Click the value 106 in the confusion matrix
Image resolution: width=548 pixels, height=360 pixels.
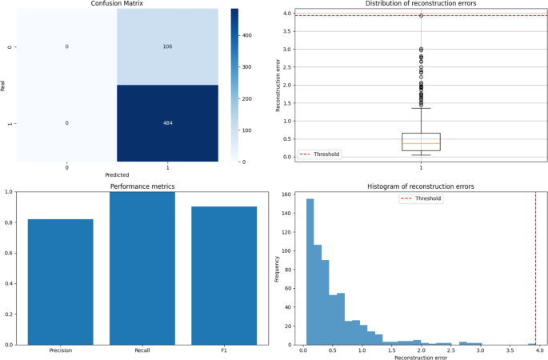(167, 46)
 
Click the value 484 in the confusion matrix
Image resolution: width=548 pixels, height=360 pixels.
(167, 123)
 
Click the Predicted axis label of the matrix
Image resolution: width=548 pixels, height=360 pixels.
(117, 174)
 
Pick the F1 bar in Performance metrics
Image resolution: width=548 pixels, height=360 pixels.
(224, 276)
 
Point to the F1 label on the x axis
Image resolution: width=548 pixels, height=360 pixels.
(224, 351)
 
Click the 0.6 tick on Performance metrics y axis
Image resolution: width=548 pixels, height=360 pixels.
(8, 253)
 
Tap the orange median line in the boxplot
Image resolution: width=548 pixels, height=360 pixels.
(421, 143)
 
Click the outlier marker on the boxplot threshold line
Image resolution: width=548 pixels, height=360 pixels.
(421, 15)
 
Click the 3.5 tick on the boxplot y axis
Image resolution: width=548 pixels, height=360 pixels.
(286, 31)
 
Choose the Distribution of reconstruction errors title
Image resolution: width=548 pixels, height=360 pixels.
(421, 4)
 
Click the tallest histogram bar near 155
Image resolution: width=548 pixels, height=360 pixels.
(310, 272)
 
